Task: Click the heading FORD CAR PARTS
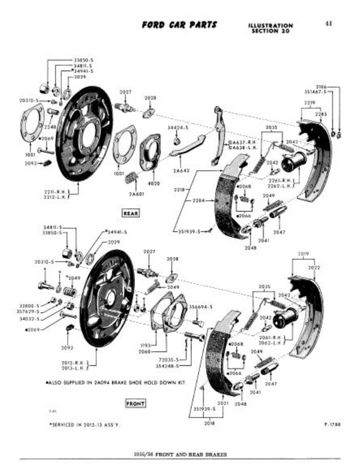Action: [180, 24]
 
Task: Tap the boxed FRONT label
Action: [135, 403]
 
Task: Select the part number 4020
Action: [154, 184]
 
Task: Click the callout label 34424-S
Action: [178, 127]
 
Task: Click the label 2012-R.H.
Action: [71, 362]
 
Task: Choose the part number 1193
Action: [145, 345]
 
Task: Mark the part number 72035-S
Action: [169, 360]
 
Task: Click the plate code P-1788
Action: [332, 425]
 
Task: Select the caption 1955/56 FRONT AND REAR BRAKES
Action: [180, 454]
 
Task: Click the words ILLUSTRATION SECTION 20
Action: [270, 28]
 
